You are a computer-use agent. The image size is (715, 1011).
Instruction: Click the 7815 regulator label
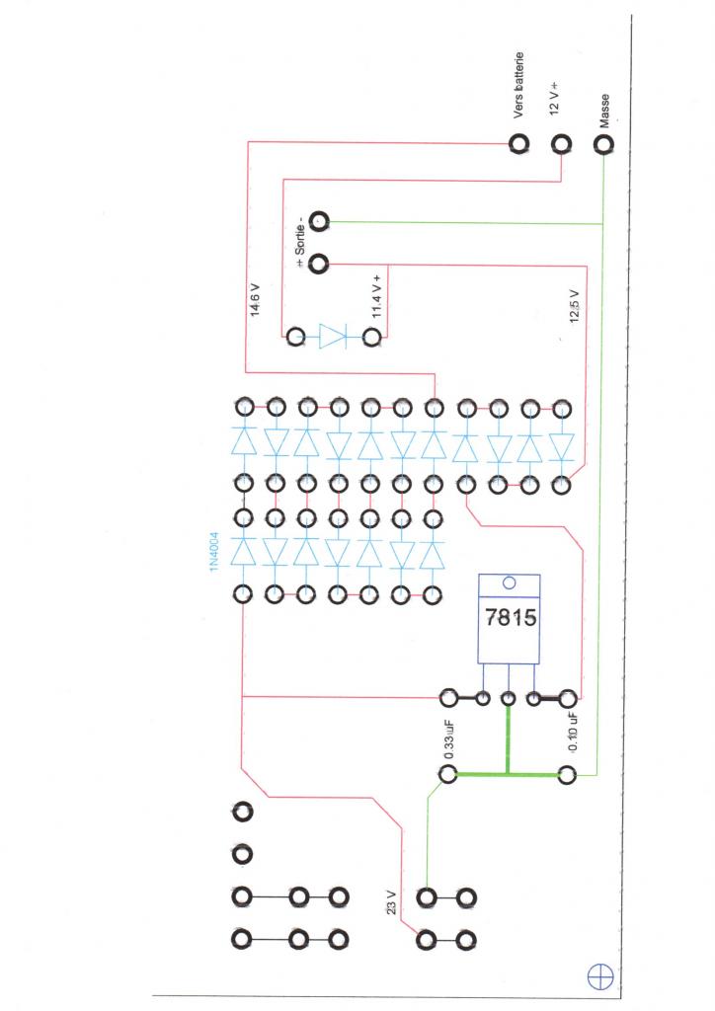[510, 620]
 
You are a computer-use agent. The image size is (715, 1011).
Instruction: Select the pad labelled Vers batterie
[519, 145]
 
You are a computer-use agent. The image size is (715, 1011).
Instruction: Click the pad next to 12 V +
[561, 145]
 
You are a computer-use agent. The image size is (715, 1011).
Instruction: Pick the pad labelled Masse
[602, 145]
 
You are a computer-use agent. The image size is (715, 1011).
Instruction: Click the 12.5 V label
[575, 305]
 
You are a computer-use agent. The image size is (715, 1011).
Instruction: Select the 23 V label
[391, 905]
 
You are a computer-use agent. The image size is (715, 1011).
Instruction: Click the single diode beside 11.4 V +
[333, 339]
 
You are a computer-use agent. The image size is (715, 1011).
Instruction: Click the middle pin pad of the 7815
[509, 699]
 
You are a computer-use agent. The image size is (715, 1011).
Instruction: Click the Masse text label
[603, 111]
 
